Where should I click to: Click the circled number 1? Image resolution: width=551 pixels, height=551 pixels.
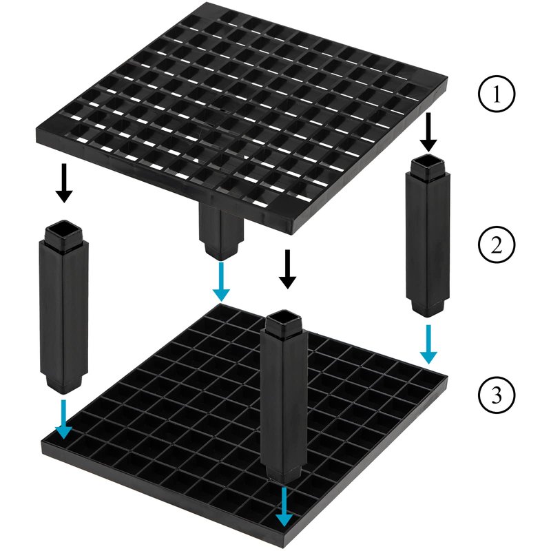[x=496, y=94]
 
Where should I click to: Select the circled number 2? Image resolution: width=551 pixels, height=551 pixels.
[x=496, y=245]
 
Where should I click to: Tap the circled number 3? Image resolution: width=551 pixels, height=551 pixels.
[x=496, y=395]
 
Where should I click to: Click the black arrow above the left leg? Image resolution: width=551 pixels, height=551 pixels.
[x=64, y=183]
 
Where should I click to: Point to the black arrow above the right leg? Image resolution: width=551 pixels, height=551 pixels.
[x=428, y=132]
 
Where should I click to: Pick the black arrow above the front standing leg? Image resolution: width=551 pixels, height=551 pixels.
[x=288, y=269]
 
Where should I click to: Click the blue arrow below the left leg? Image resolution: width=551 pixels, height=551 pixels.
[x=64, y=419]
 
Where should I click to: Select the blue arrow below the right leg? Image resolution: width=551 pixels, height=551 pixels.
[x=428, y=344]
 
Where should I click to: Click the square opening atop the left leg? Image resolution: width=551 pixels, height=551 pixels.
[x=63, y=229]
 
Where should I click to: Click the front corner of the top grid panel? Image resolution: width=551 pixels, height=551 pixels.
[x=292, y=233]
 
